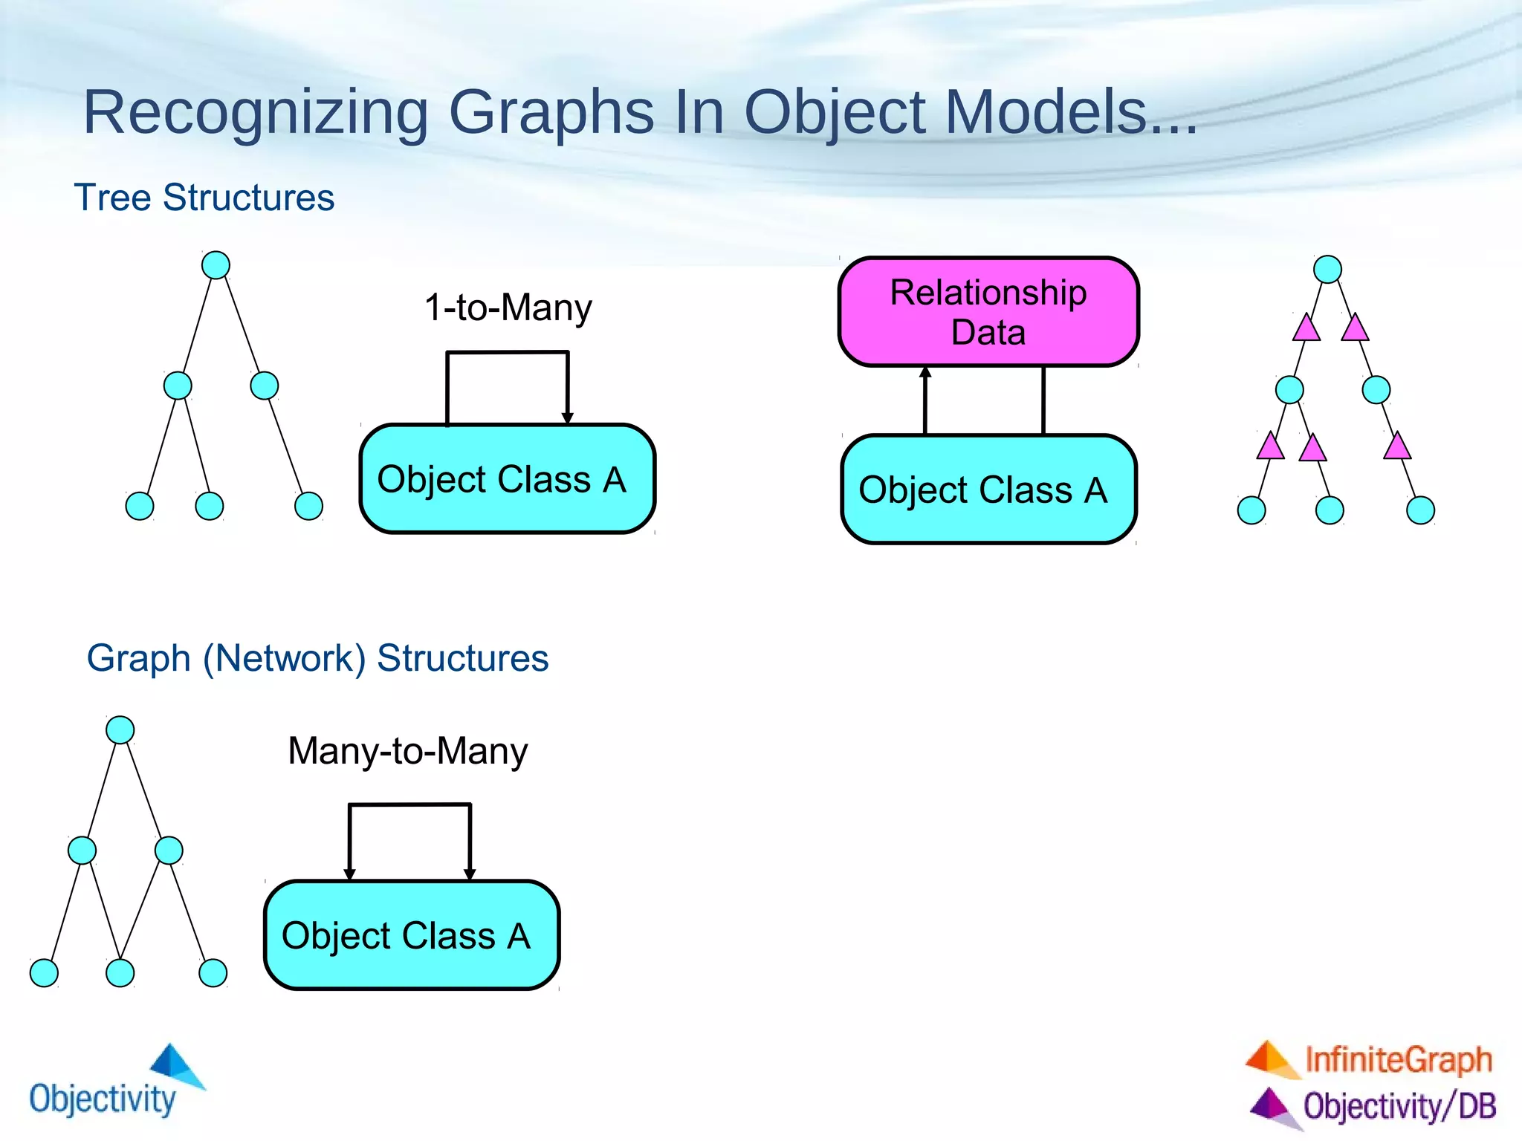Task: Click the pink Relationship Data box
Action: pos(988,312)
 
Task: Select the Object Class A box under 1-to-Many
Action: pos(507,479)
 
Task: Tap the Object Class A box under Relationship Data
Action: pos(988,490)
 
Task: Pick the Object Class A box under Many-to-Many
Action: pos(411,935)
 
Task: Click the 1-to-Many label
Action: pos(508,308)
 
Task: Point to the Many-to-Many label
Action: pos(407,751)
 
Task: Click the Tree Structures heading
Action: pos(204,198)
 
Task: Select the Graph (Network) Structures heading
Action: pos(317,658)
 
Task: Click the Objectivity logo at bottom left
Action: pos(111,1085)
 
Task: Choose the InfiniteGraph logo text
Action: pos(1398,1059)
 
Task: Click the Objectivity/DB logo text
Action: pos(1399,1106)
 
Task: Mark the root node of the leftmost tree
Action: pos(216,265)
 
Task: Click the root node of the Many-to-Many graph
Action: pos(120,729)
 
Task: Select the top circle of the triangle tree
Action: pos(1327,269)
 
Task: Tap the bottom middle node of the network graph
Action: pos(120,972)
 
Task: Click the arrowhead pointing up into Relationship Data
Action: pos(925,372)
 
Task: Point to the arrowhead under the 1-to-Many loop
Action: pos(568,418)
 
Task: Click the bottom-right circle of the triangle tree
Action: pos(1420,510)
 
